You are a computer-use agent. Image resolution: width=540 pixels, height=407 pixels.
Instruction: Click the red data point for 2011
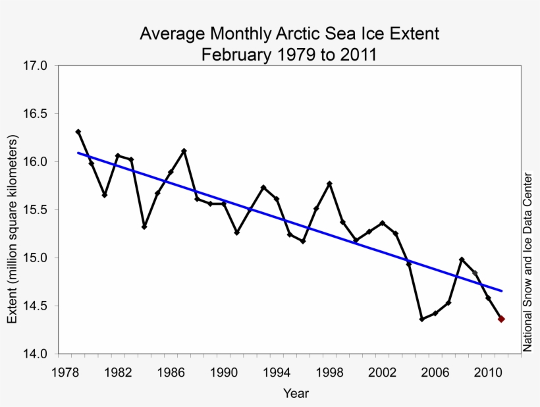pyautogui.click(x=501, y=319)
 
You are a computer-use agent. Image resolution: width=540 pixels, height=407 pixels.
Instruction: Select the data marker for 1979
pyautogui.click(x=78, y=132)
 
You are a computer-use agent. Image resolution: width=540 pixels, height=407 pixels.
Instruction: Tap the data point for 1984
pyautogui.click(x=144, y=227)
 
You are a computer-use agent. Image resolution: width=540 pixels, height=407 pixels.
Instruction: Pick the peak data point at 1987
pyautogui.click(x=184, y=151)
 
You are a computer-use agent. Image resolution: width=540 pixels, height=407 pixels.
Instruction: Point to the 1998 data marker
pyautogui.click(x=329, y=183)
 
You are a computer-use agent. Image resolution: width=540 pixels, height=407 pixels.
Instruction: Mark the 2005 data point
pyautogui.click(x=421, y=319)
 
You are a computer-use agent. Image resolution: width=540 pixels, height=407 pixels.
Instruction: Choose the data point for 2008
pyautogui.click(x=462, y=259)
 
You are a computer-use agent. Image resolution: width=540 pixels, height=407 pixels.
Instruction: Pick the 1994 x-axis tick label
pyautogui.click(x=277, y=372)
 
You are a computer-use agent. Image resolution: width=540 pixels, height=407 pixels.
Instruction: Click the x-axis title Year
pyautogui.click(x=296, y=393)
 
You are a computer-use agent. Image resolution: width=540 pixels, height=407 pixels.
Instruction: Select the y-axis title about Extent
pyautogui.click(x=13, y=229)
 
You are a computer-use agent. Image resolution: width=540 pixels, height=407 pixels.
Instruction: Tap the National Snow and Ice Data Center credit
pyautogui.click(x=527, y=261)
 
